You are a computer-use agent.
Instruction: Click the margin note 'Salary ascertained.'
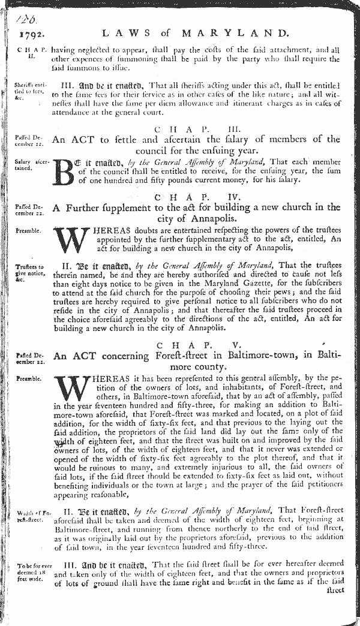click(29, 165)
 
